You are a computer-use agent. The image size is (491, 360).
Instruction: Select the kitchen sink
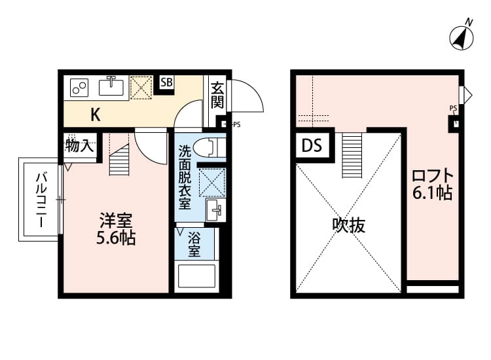tap(112, 86)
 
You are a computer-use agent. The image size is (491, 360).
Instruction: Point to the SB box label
tap(166, 82)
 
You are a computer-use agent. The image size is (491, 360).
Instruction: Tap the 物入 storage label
tap(79, 146)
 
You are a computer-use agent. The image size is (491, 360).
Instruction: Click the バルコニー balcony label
tap(41, 200)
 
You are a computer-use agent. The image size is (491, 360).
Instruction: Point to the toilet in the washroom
tap(210, 147)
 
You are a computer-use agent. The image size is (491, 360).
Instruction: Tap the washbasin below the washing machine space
tap(215, 209)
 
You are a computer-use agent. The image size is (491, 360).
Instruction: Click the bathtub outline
tap(196, 277)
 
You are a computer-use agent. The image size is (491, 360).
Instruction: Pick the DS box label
tap(312, 146)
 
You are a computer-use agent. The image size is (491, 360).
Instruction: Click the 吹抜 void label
tap(348, 226)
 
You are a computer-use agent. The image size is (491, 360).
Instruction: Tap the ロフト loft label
tap(432, 176)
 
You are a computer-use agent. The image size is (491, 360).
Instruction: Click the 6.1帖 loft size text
tap(432, 194)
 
